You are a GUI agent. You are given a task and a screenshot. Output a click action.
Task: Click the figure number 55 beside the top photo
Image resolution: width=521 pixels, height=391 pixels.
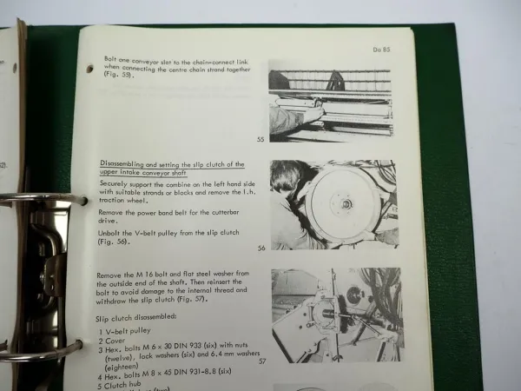coord(260,139)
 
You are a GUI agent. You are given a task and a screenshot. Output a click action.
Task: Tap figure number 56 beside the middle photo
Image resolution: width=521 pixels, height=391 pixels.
coord(260,247)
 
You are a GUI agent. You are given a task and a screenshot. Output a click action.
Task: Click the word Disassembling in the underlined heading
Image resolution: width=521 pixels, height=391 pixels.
coord(129,164)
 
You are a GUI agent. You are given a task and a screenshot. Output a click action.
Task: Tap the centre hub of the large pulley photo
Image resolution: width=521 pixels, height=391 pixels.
coord(345,205)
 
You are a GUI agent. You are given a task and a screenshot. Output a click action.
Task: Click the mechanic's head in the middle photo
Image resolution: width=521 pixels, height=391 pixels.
coord(287,178)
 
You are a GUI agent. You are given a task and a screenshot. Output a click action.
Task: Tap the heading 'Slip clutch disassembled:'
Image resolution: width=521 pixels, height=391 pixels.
coord(138,317)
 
